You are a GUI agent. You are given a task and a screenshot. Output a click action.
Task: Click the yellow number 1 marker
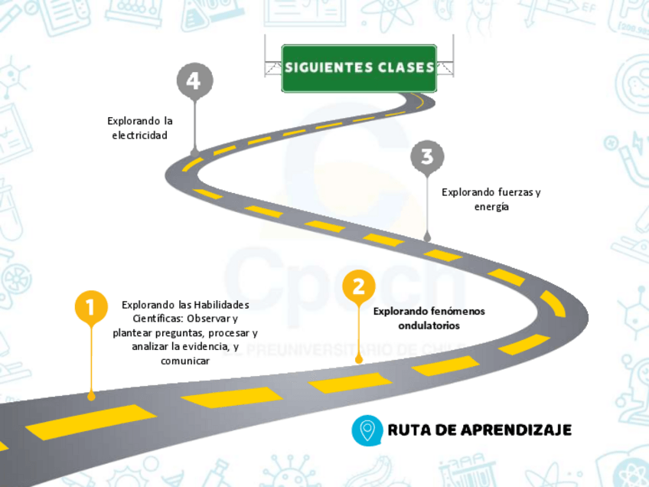pyautogui.click(x=91, y=308)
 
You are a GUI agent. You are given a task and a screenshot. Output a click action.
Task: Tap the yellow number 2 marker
pyautogui.click(x=358, y=286)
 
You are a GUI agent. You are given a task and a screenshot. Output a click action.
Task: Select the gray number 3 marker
pyautogui.click(x=427, y=157)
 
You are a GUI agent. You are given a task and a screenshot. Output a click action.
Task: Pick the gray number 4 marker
pyautogui.click(x=194, y=81)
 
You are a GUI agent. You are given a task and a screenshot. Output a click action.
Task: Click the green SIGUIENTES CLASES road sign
pyautogui.click(x=359, y=68)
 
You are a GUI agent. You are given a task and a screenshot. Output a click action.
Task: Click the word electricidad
pyautogui.click(x=140, y=135)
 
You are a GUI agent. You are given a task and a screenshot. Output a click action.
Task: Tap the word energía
pyautogui.click(x=491, y=206)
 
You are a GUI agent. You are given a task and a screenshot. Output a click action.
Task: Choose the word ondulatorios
pyautogui.click(x=429, y=325)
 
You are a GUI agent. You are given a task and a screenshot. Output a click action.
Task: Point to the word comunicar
pyautogui.click(x=185, y=361)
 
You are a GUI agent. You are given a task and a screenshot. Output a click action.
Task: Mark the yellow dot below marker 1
pyautogui.click(x=91, y=396)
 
